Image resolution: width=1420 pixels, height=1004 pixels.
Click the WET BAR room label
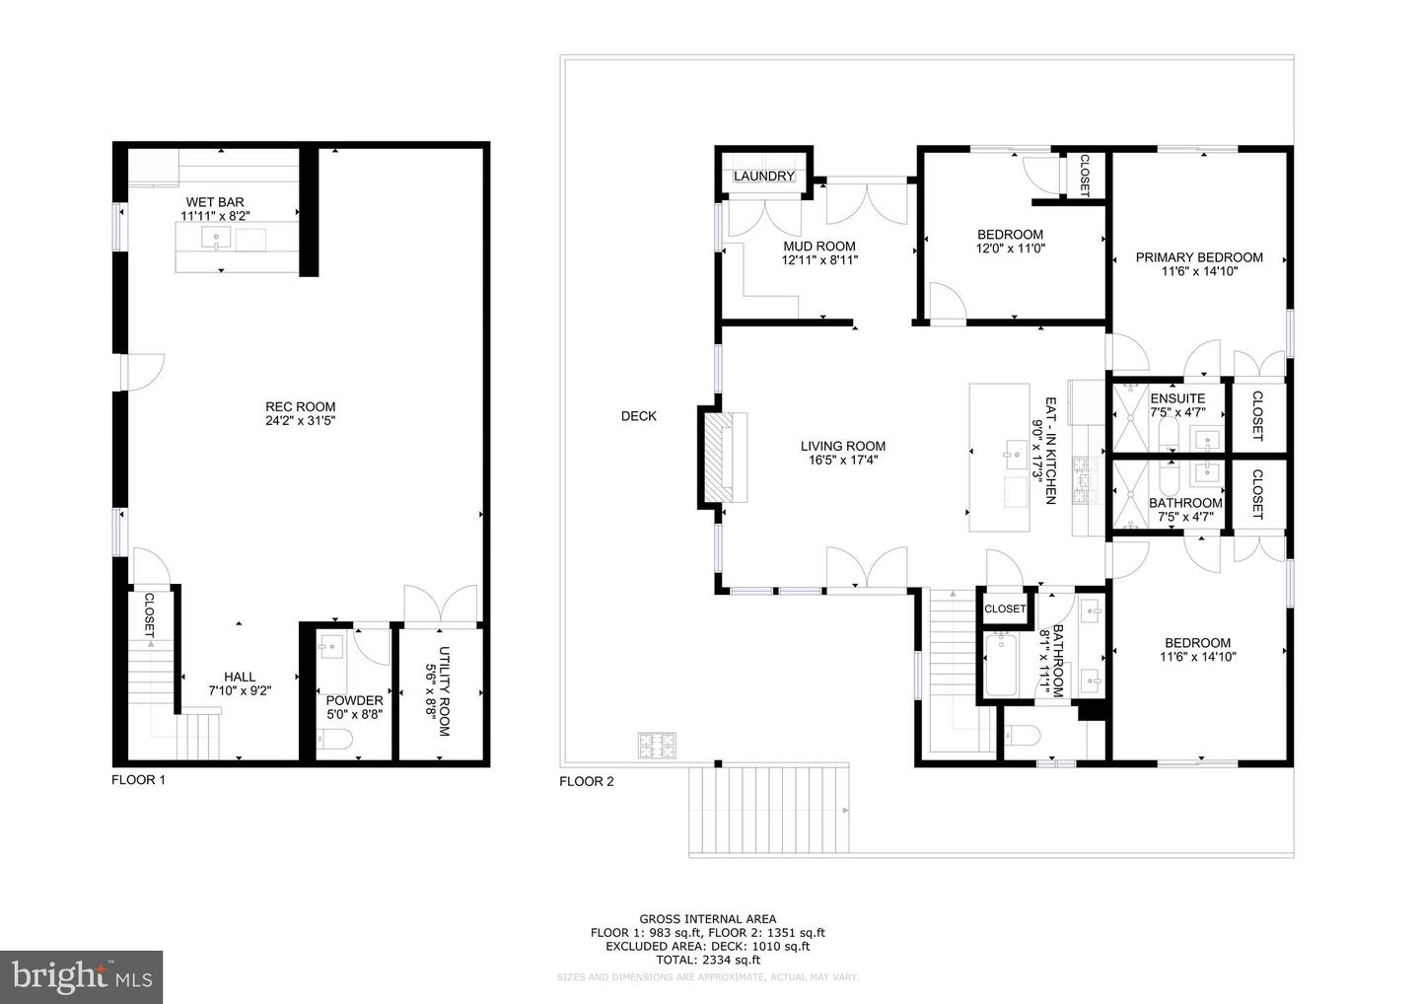tap(214, 202)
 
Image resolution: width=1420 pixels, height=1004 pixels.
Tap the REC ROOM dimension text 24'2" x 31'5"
tap(300, 421)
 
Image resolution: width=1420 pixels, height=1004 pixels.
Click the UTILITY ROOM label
tap(444, 691)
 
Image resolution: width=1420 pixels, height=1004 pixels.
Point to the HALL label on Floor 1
tap(239, 677)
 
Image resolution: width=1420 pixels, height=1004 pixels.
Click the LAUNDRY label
tap(763, 177)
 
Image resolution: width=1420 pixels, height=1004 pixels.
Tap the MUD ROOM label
tap(818, 247)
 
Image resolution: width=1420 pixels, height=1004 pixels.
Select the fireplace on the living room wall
tap(724, 457)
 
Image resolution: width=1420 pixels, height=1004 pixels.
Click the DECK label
tap(638, 416)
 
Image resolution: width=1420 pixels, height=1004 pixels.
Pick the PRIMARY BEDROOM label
tap(1198, 257)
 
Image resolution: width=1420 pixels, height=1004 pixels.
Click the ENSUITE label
tap(1177, 398)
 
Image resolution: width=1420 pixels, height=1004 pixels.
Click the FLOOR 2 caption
tap(586, 782)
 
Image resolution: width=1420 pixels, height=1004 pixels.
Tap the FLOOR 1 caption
tap(138, 780)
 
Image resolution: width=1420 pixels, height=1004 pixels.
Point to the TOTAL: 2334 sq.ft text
tap(707, 960)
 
